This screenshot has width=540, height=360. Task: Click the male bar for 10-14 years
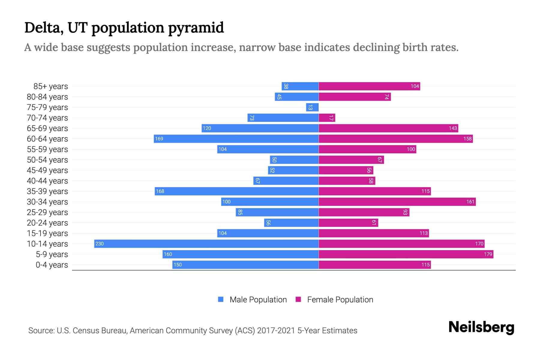206,244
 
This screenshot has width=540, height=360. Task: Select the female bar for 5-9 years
406,254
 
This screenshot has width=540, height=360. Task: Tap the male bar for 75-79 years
312,107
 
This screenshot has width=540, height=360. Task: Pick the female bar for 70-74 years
327,118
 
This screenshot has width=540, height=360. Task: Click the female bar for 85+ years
369,86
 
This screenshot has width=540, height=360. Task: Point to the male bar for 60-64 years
236,139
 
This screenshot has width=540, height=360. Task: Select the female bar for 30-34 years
397,202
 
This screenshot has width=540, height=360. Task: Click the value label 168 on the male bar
160,191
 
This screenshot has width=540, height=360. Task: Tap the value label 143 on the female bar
453,128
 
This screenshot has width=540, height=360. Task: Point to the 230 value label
99,244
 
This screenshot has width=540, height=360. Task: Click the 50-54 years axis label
47,160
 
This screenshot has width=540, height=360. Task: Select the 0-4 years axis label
52,265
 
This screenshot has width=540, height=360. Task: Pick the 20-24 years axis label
47,223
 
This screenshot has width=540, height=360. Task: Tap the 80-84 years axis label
47,97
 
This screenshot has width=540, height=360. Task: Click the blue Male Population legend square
221,299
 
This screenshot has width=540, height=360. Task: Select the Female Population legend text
340,299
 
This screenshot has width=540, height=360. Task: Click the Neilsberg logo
481,327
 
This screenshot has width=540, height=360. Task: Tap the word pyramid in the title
196,28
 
